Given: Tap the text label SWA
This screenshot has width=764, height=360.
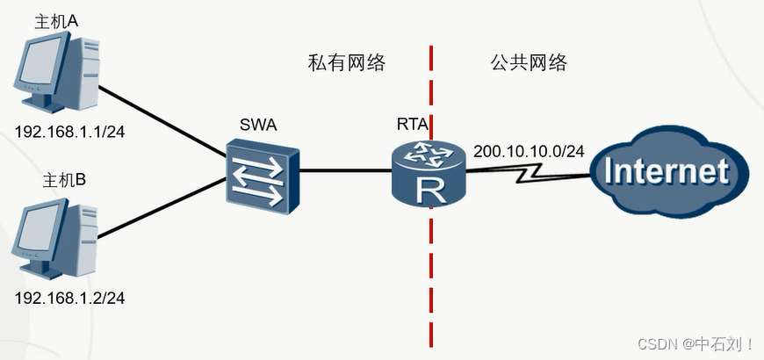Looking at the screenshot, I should click(x=258, y=125).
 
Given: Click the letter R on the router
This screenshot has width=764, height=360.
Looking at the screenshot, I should click(x=429, y=188).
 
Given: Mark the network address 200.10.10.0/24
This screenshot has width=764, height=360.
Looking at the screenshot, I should click(x=529, y=151).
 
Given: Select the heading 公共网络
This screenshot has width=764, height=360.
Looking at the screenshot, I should click(x=529, y=63).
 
